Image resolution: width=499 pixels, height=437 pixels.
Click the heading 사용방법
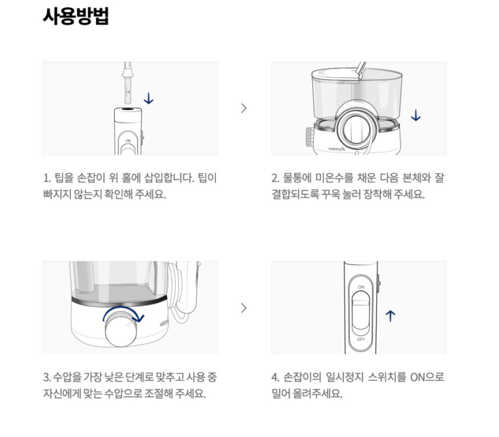(76, 16)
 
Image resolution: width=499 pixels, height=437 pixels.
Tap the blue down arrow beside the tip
(149, 98)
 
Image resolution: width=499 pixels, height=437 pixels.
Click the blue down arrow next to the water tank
(415, 116)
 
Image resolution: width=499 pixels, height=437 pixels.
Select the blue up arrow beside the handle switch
(390, 316)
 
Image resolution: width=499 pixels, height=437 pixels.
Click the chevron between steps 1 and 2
(244, 108)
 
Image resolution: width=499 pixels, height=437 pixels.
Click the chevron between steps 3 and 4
(244, 308)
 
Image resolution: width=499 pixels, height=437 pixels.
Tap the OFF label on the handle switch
(361, 339)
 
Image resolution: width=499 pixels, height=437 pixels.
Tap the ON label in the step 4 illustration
(361, 287)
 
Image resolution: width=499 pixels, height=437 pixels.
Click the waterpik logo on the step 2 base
(337, 149)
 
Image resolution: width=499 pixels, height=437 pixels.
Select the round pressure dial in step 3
(121, 330)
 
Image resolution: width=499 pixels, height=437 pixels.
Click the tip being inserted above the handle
(128, 83)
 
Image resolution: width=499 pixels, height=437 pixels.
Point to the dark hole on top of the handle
(128, 109)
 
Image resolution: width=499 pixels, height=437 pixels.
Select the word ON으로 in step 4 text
(426, 377)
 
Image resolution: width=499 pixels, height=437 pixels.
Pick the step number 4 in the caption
(275, 378)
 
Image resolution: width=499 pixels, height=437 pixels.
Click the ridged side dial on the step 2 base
(309, 137)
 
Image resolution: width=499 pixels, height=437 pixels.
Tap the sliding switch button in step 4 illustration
(361, 311)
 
